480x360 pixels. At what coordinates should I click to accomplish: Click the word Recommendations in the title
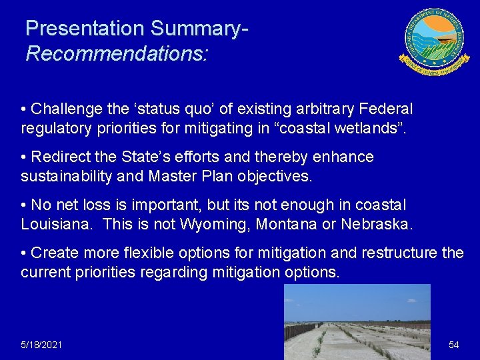(x=116, y=53)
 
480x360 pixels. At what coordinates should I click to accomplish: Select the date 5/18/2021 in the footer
(x=41, y=345)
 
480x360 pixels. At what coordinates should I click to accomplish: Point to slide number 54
(x=454, y=345)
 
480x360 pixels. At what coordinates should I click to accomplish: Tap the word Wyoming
(x=211, y=224)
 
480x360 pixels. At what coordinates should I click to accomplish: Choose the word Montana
(x=286, y=224)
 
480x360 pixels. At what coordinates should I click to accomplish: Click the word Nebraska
(x=376, y=224)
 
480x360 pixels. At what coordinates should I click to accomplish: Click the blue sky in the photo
(x=357, y=300)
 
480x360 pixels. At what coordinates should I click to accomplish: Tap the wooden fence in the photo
(x=303, y=331)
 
